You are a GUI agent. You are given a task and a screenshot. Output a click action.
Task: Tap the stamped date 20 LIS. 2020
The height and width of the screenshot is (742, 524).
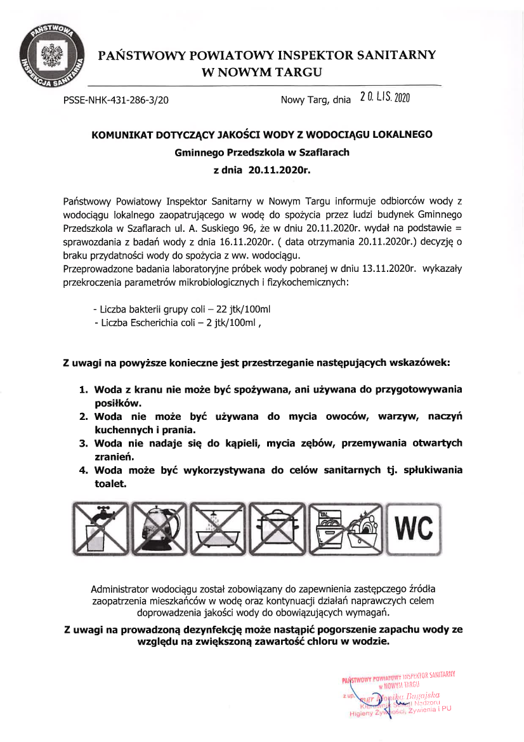tap(385, 97)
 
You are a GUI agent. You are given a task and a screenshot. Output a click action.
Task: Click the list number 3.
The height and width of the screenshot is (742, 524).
tap(82, 443)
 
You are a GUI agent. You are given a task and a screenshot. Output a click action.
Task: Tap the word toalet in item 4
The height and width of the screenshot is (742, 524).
tap(110, 483)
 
